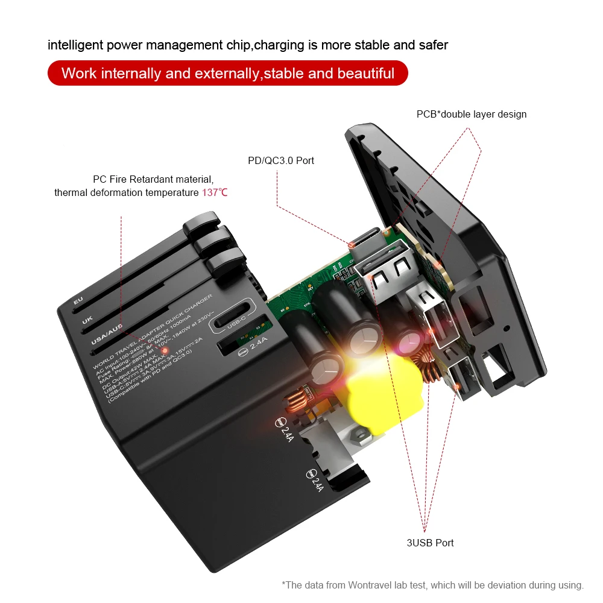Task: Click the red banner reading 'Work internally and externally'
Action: (228, 74)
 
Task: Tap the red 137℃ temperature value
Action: (214, 193)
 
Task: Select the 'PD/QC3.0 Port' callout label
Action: (281, 160)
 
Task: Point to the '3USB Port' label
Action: (430, 543)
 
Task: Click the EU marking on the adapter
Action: (77, 300)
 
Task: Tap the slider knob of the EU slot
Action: (199, 224)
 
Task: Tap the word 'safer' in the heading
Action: (433, 45)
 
